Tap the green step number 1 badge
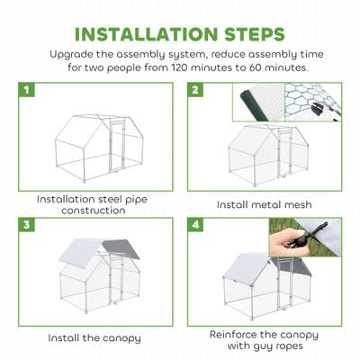pos(29,91)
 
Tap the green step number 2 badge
pos(195,91)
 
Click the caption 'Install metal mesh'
pos(265,205)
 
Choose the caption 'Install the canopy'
pos(94,337)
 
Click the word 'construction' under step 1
pos(94,210)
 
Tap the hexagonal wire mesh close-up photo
pos(316,103)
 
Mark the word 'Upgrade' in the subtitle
pos(78,54)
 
